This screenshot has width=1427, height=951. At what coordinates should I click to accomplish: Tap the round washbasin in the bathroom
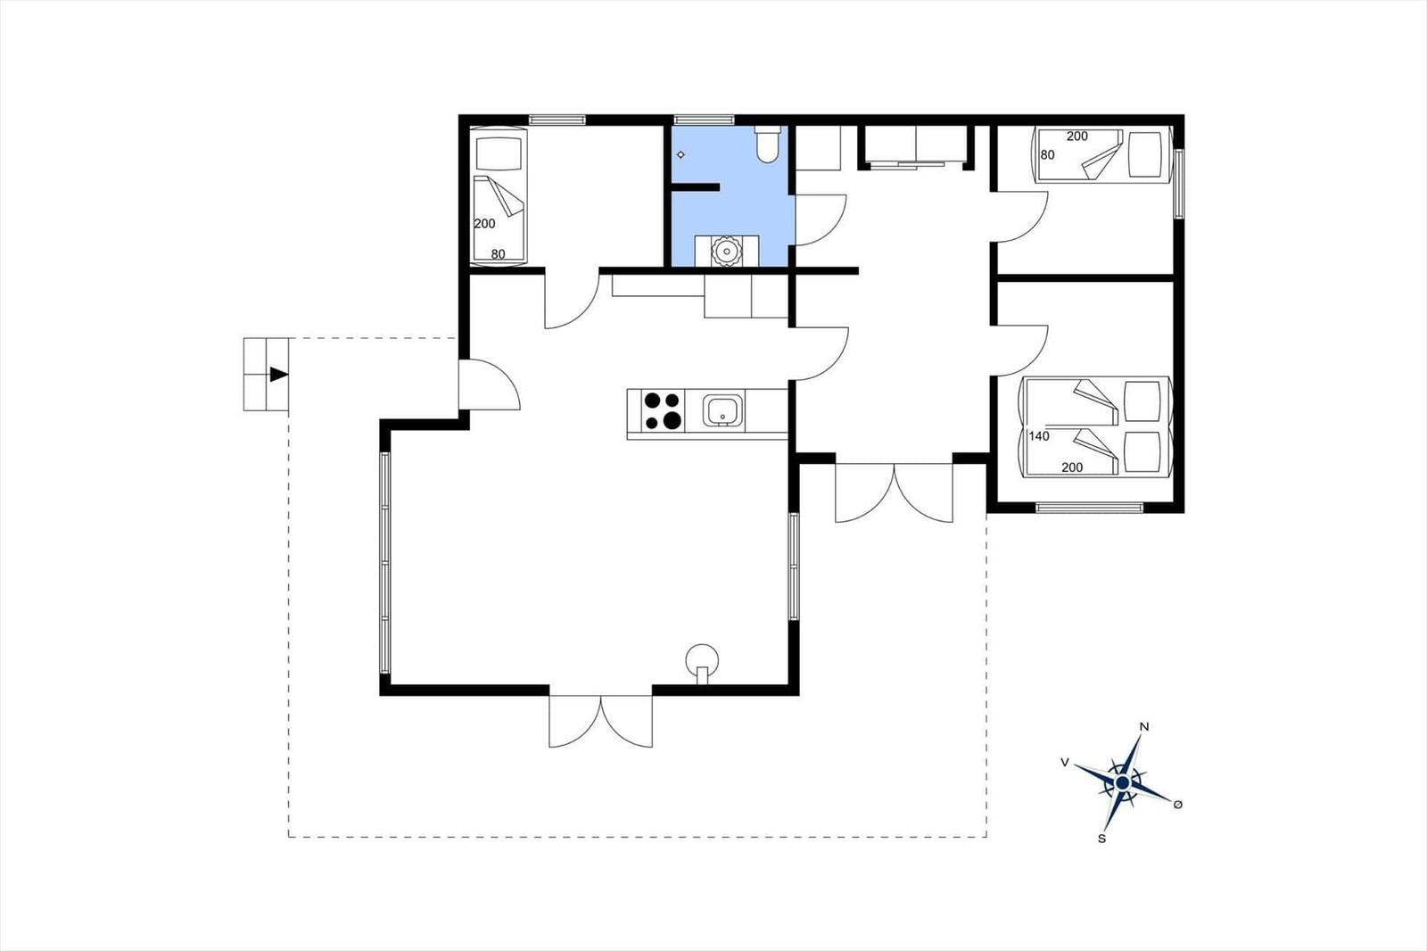(726, 251)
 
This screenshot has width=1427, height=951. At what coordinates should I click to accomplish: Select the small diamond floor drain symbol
(681, 155)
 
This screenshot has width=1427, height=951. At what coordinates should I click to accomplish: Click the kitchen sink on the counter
(723, 409)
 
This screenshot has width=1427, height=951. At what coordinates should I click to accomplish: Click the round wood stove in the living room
(701, 663)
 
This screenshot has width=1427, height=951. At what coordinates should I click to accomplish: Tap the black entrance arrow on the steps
(279, 374)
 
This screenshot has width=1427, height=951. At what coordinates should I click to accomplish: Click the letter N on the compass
(1143, 727)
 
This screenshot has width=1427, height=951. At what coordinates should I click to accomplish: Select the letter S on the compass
(1101, 839)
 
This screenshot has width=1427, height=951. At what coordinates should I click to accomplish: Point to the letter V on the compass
(1064, 763)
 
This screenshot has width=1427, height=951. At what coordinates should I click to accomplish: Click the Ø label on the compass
(1178, 805)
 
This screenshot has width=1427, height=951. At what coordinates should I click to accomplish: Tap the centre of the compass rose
(1123, 782)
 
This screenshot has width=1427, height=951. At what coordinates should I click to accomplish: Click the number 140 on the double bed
(1039, 436)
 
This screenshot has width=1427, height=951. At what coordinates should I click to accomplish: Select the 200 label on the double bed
(1072, 467)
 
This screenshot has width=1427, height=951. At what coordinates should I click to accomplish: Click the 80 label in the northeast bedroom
(1047, 155)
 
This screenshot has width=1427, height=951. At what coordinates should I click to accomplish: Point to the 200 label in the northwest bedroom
(485, 224)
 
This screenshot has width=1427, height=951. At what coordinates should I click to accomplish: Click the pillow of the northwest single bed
(499, 153)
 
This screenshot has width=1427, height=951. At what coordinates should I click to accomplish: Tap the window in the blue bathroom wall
(704, 120)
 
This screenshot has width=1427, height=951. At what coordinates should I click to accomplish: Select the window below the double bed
(1089, 508)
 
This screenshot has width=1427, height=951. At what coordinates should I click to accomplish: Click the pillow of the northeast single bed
(1145, 154)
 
